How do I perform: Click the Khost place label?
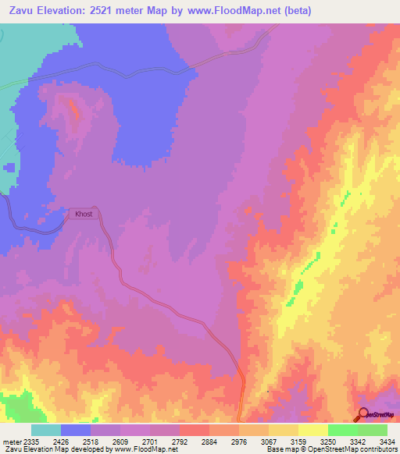[83, 214]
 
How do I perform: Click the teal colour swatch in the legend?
[46, 430]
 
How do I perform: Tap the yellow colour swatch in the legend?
[313, 430]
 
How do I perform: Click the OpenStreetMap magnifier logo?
[362, 414]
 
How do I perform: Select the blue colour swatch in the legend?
[76, 430]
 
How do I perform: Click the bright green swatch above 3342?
[343, 430]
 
